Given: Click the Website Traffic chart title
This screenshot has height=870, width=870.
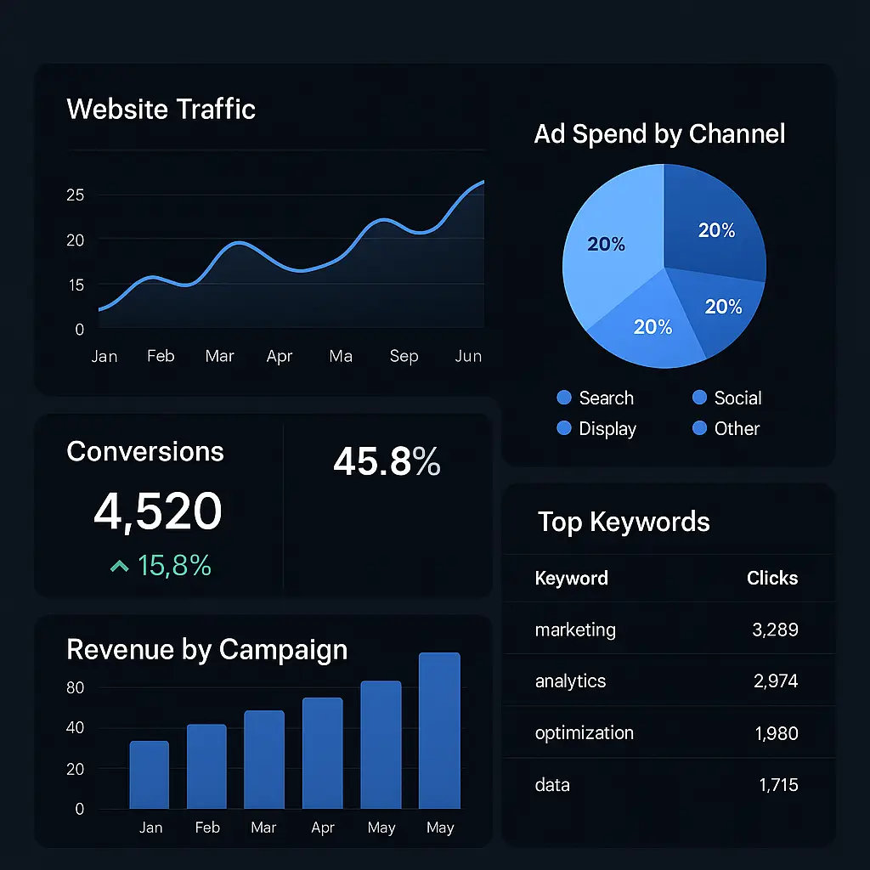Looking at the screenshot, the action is tap(161, 109).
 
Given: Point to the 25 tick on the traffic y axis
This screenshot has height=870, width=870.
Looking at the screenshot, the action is tap(75, 195).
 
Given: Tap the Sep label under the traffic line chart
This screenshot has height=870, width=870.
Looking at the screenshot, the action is tap(404, 356).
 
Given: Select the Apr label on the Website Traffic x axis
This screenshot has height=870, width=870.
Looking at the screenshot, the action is tap(279, 356).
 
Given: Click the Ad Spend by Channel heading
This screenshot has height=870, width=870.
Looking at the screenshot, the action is tap(659, 133).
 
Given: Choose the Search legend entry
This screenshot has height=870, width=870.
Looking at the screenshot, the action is tap(596, 398).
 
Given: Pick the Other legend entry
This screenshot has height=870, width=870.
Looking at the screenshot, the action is tap(726, 428).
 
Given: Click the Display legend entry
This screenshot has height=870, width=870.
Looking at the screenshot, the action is tap(596, 428).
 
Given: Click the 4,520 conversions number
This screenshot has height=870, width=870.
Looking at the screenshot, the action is tap(158, 511).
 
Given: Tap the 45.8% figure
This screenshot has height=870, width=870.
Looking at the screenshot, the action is tap(387, 461).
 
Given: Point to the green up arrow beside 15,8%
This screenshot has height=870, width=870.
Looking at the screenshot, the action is tap(119, 566).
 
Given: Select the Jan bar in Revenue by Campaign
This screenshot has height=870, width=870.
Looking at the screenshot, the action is tap(150, 775).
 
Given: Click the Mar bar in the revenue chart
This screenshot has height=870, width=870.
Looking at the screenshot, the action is tap(264, 760).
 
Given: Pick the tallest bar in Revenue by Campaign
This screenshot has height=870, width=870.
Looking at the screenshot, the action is tap(439, 731).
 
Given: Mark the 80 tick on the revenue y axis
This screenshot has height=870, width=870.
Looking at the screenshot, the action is tap(75, 688).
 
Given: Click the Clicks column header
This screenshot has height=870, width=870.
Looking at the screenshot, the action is tap(772, 578).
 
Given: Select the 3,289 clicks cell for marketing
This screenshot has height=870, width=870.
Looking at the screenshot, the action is tap(775, 630).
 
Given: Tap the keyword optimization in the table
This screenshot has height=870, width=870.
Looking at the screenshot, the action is tap(585, 733).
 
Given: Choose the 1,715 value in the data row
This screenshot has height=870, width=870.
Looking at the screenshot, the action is tap(778, 785).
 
